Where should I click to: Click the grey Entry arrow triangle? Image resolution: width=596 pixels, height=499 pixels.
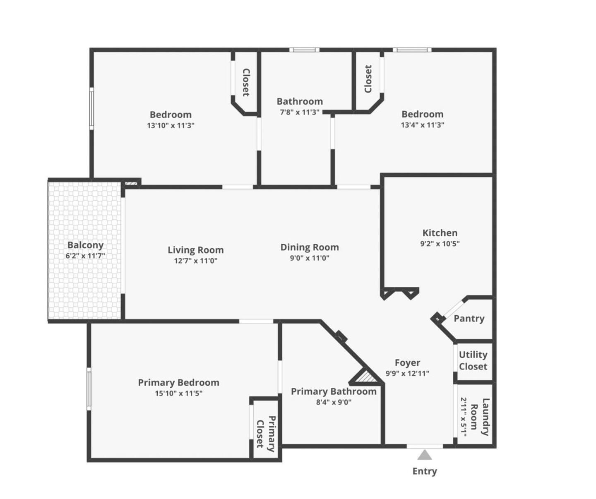coord(425,454)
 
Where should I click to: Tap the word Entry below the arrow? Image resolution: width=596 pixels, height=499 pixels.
coord(425,471)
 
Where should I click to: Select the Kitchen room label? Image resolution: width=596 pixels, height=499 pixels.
coord(440,233)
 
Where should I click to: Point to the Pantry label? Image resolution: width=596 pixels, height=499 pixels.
coord(469,319)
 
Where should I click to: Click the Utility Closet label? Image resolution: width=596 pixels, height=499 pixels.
coord(473,360)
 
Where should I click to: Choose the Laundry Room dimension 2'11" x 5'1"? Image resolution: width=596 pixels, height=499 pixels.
coord(464,417)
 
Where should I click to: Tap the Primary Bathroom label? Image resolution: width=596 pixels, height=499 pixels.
coord(334,391)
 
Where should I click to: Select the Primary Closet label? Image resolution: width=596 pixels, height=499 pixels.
coord(266,434)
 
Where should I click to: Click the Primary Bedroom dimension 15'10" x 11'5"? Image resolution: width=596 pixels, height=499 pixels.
coord(179,393)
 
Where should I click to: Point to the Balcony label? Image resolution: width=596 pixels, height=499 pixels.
coord(85,245)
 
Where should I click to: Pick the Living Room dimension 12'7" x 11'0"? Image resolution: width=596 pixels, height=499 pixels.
coord(195,261)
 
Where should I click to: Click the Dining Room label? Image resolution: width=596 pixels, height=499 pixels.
coord(310,247)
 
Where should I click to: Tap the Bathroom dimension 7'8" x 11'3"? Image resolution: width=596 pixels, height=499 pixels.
coord(300,112)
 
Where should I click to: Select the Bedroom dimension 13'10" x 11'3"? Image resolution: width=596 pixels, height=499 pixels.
coord(171,125)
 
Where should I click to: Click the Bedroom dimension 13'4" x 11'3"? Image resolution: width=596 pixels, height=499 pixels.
coord(423,125)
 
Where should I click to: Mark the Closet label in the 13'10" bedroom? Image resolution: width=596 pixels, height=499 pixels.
coord(246,82)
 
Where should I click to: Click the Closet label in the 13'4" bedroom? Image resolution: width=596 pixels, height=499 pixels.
coord(368,79)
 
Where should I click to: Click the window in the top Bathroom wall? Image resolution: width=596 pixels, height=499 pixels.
coord(304,50)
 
